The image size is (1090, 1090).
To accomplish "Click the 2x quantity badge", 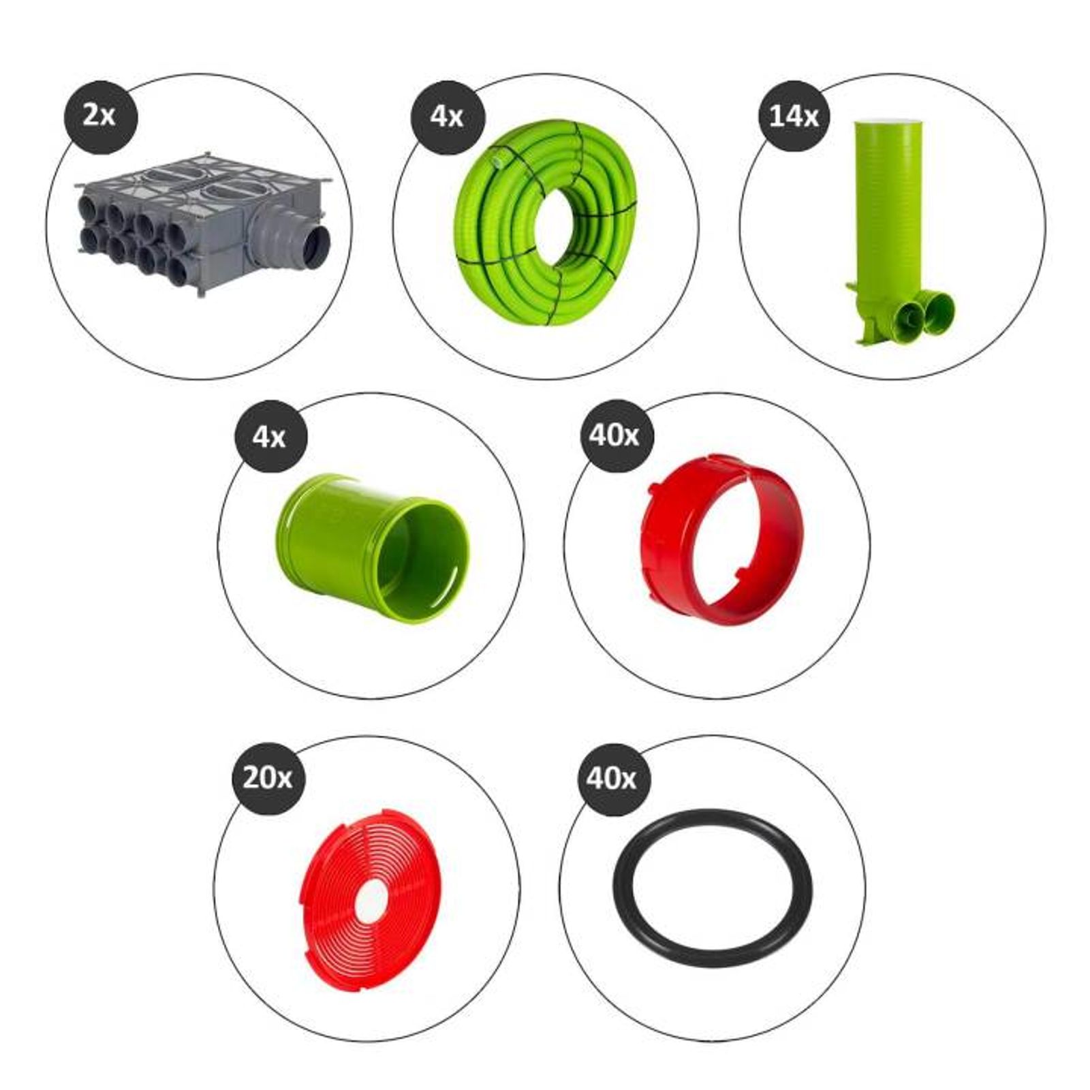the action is [100, 116].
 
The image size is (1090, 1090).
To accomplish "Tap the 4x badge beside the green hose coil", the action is [447, 116].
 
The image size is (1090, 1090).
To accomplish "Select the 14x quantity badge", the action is [794, 116].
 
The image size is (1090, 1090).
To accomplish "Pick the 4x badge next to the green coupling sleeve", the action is [270, 436].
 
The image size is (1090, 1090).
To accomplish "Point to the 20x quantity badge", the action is [268, 778].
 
